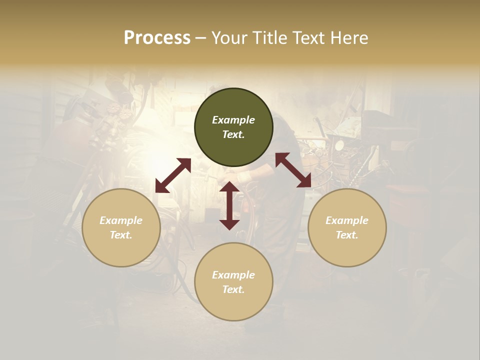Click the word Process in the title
(x=157, y=38)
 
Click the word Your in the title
(x=229, y=38)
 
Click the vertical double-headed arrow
(x=229, y=205)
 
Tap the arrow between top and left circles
(x=173, y=175)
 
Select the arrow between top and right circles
(x=293, y=170)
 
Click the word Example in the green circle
(x=233, y=120)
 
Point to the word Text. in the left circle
(x=121, y=235)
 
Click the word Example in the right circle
(x=347, y=220)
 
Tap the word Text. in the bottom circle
(x=233, y=289)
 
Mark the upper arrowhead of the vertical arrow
(x=229, y=187)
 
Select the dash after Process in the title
(x=200, y=38)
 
